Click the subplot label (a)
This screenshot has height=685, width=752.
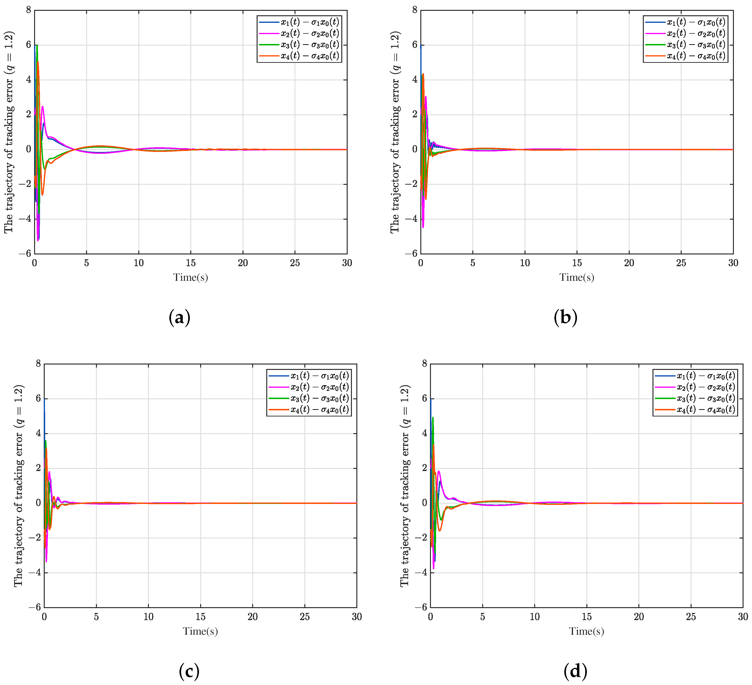(179, 318)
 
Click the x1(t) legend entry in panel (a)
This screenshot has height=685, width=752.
(310, 22)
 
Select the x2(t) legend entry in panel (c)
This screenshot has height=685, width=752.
(319, 387)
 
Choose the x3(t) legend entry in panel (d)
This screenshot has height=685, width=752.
(705, 398)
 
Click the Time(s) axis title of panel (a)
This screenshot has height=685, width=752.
(190, 277)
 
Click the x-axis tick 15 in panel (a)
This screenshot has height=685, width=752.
(191, 263)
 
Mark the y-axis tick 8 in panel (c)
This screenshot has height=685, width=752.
(38, 364)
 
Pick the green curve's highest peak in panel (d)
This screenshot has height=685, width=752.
(433, 418)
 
